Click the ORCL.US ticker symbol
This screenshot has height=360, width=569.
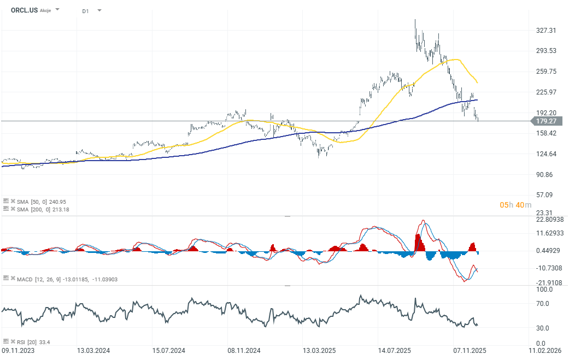(24, 10)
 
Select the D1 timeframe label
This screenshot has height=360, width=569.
(86, 10)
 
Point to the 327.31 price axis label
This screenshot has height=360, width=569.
(546, 31)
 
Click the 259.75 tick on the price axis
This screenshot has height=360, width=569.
(546, 72)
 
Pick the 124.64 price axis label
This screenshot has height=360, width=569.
(546, 154)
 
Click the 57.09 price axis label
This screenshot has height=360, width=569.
(546, 195)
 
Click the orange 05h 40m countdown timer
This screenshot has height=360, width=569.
(515, 205)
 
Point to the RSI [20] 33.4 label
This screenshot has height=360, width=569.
(33, 342)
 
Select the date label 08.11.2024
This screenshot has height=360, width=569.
(244, 350)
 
